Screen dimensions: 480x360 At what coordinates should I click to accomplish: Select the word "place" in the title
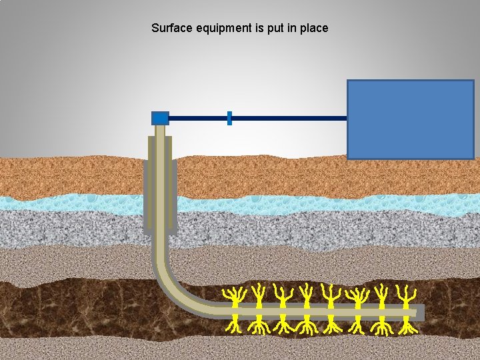pyautogui.click(x=313, y=29)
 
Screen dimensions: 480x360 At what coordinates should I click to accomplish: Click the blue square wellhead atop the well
pyautogui.click(x=160, y=118)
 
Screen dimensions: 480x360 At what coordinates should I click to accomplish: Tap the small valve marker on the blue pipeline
pyautogui.click(x=229, y=118)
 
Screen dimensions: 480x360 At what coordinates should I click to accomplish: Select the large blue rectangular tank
pyautogui.click(x=410, y=119)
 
